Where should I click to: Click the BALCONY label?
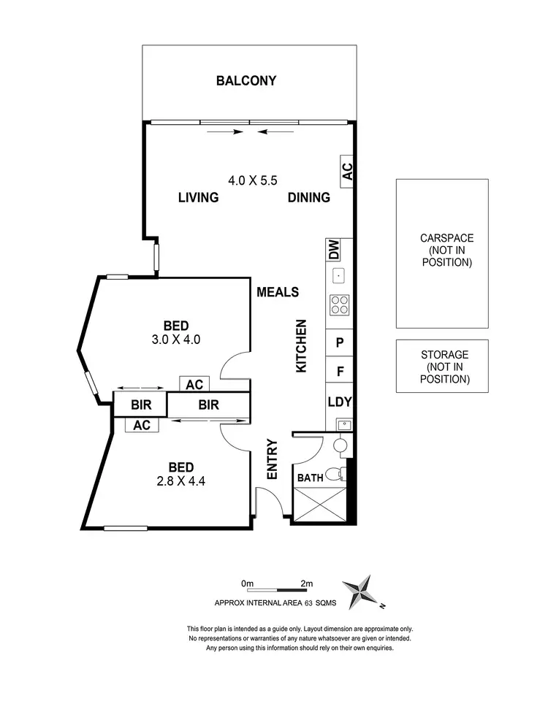pyautogui.click(x=246, y=81)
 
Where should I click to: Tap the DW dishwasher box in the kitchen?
pyautogui.click(x=334, y=250)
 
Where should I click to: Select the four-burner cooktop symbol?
pyautogui.click(x=340, y=304)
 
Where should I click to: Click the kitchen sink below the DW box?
pyautogui.click(x=339, y=275)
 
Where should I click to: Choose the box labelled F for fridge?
pyautogui.click(x=340, y=371)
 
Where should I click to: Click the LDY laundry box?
pyautogui.click(x=340, y=402)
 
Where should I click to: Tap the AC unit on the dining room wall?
pyautogui.click(x=348, y=172)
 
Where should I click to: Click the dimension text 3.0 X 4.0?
pyautogui.click(x=176, y=339)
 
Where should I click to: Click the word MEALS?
pyautogui.click(x=278, y=292)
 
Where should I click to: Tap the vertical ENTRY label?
pyautogui.click(x=273, y=459)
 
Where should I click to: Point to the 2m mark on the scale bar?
pyautogui.click(x=306, y=584)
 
